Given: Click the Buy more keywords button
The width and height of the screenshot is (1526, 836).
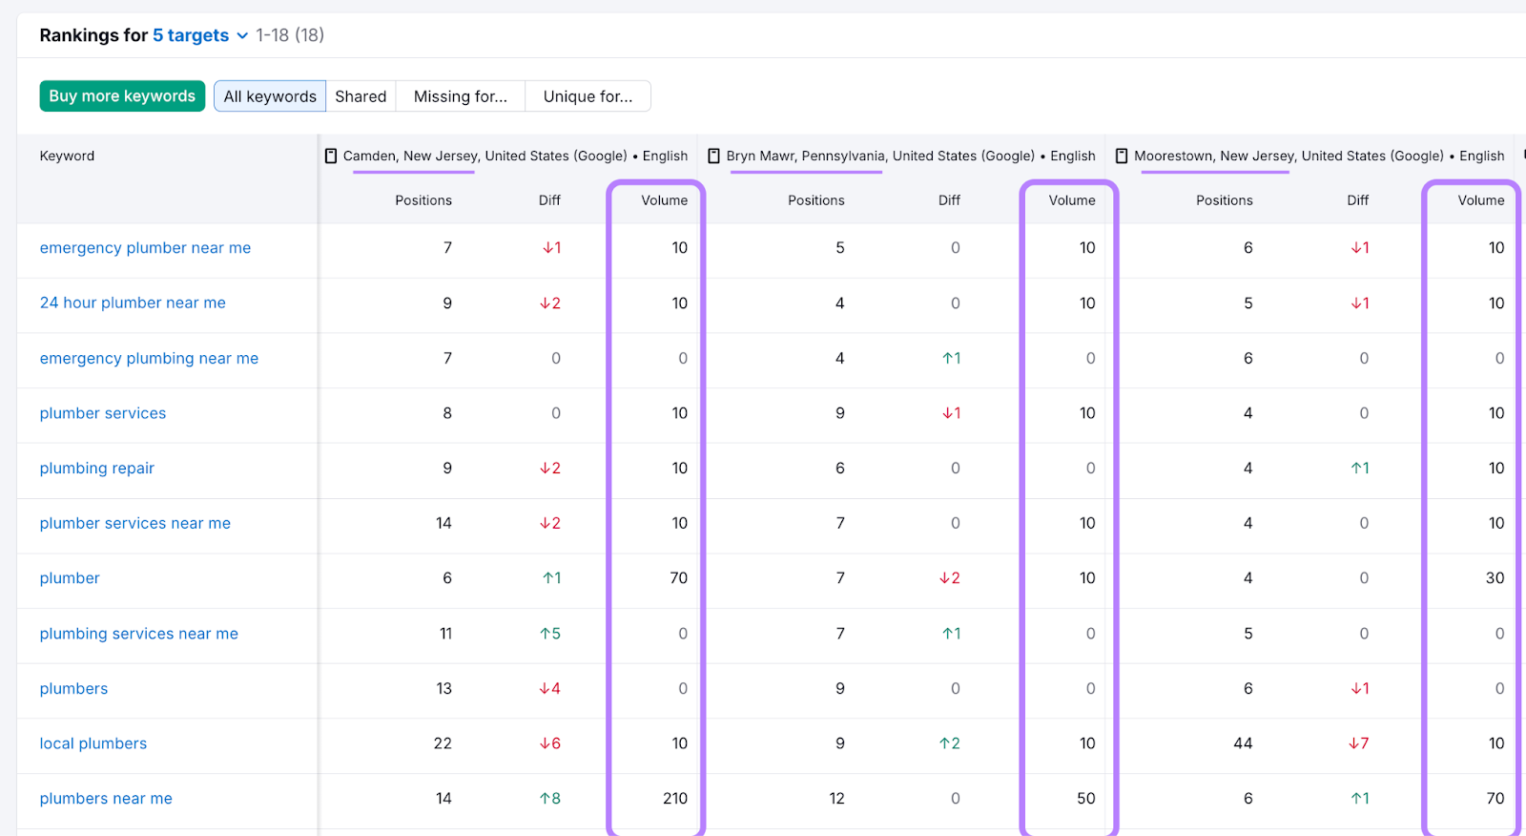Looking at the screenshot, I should [122, 96].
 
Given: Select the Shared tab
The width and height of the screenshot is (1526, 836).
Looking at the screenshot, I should [361, 96].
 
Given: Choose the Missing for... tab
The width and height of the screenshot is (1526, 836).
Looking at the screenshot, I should [461, 96].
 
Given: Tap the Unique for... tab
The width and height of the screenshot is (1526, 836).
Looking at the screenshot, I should [588, 96].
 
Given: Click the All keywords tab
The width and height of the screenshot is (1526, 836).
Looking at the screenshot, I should [270, 96].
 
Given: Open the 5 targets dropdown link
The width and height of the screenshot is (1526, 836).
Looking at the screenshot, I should [199, 35].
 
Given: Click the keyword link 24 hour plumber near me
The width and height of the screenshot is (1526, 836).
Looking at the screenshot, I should [133, 303].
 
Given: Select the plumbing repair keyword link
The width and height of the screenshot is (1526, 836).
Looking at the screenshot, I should [96, 468].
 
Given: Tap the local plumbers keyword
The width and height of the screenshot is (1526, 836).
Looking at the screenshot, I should [93, 743].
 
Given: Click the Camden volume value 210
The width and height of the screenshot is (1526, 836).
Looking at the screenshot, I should [674, 798].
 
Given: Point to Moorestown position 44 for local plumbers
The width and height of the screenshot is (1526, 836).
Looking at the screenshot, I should [1242, 743].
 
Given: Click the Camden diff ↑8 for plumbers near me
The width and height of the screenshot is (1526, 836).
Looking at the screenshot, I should [550, 798].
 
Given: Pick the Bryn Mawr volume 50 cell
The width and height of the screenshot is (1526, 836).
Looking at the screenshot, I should [1085, 798].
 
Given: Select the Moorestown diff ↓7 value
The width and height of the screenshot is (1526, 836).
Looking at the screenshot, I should [1358, 743].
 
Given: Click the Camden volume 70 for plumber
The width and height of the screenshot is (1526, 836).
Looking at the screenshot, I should [678, 577].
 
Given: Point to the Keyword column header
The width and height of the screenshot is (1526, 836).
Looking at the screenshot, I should [67, 156].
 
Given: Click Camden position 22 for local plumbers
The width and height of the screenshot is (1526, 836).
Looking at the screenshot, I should [443, 743].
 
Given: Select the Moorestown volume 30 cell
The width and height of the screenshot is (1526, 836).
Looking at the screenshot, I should [1495, 577].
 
